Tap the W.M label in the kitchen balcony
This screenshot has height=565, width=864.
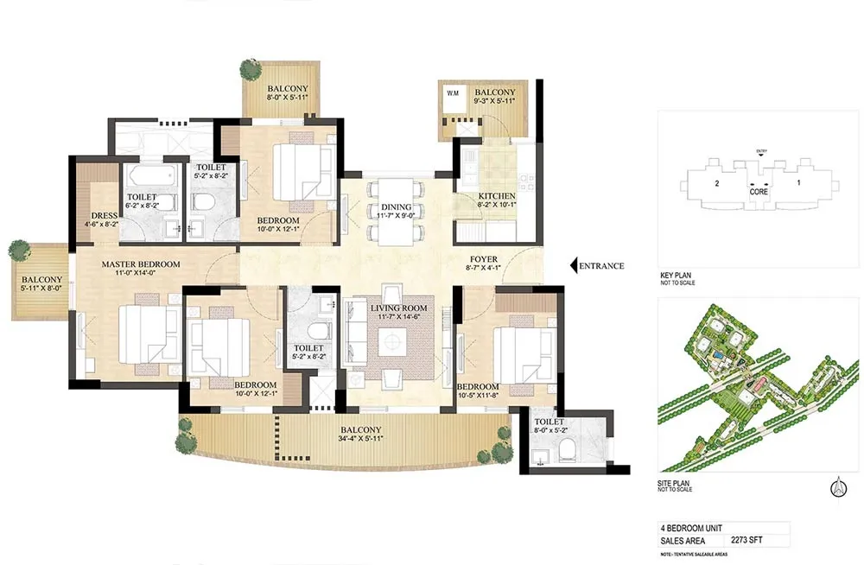pos(452,92)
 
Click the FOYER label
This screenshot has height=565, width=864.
pos(483,259)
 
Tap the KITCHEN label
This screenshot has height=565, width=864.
pos(497,197)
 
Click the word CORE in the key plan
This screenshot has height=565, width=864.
pos(759,193)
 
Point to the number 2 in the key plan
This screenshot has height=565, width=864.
pos(716,183)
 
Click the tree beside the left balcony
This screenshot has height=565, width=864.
pos(19,251)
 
